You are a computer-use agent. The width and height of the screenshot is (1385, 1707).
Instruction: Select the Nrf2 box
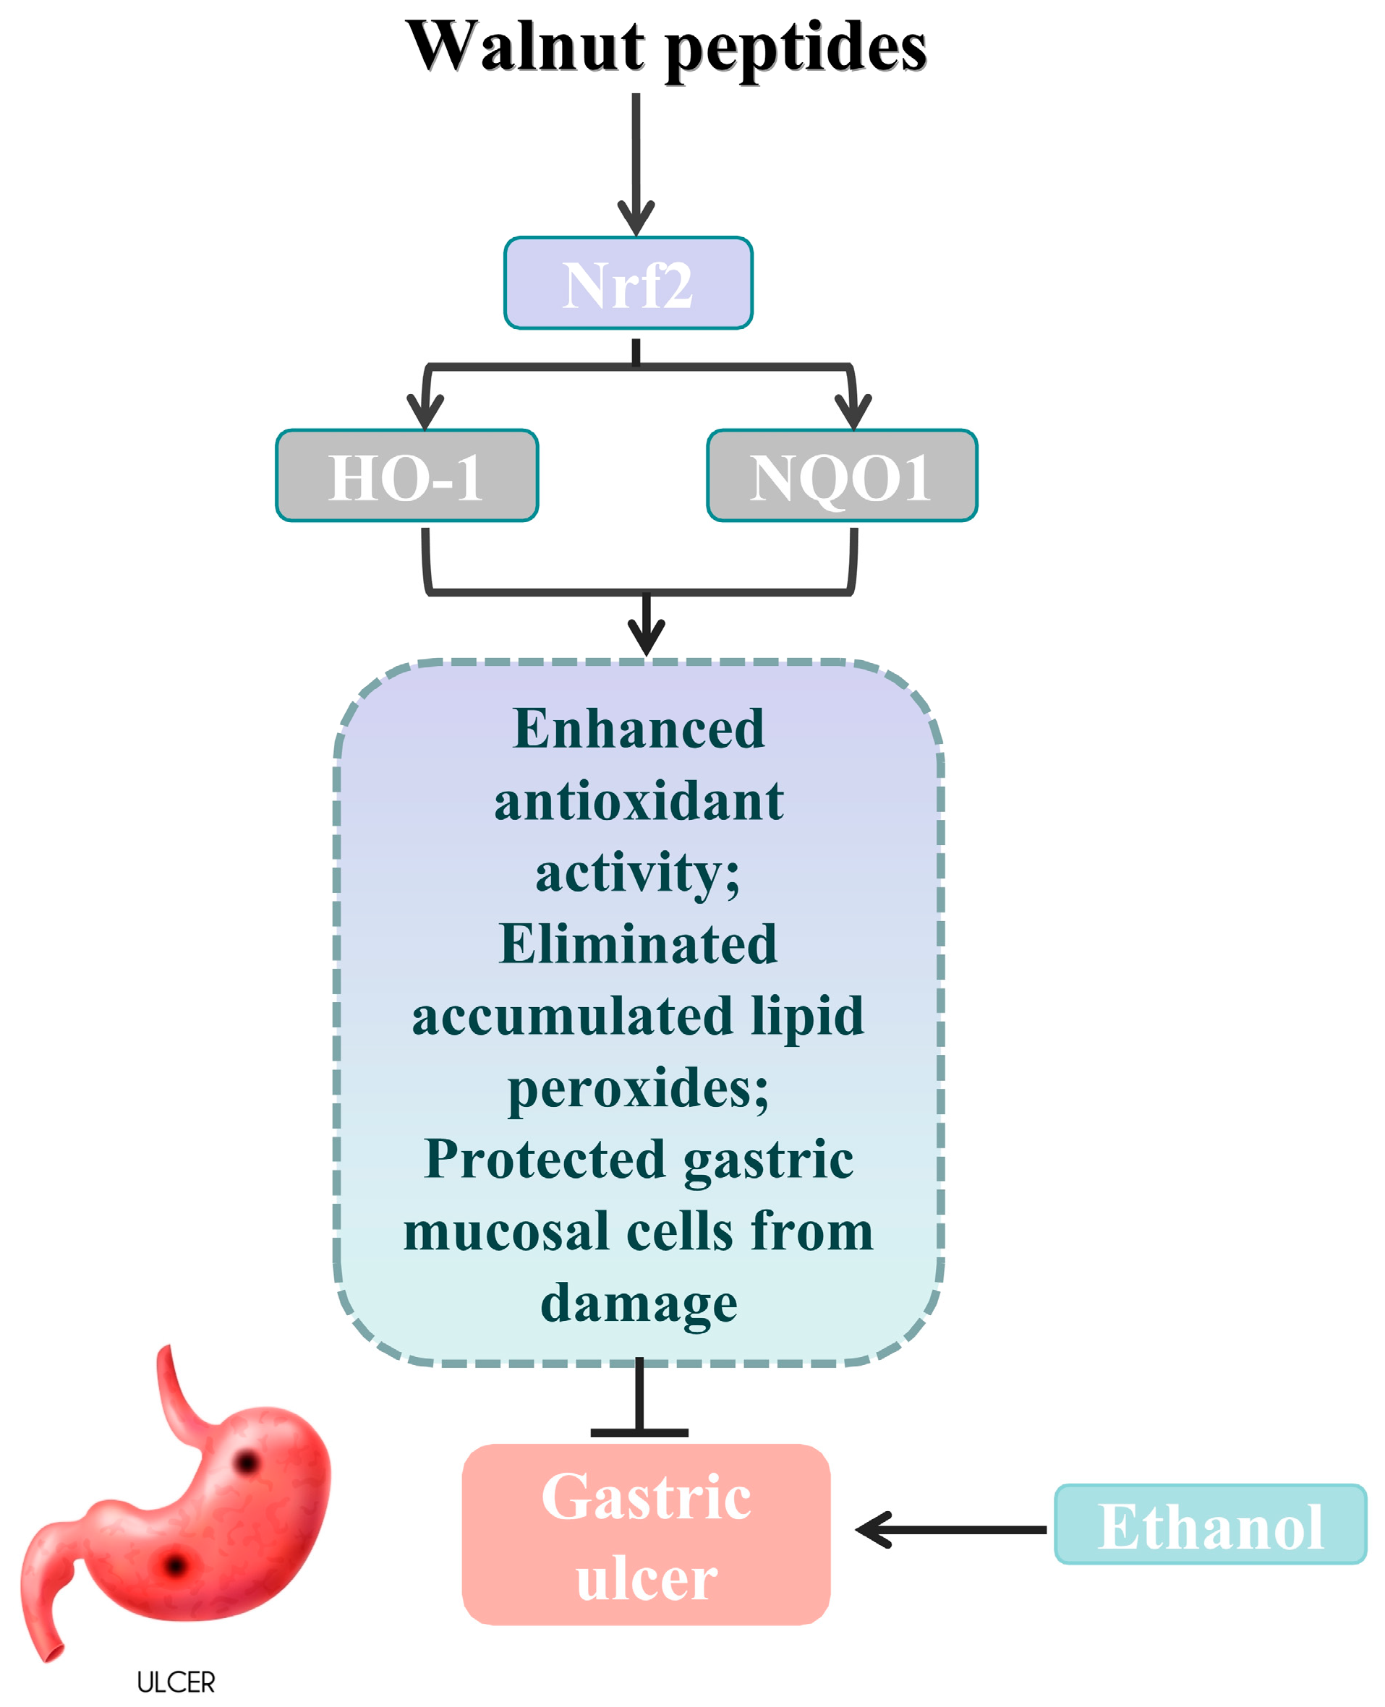tap(628, 283)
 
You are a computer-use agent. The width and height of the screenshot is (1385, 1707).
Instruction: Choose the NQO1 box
tap(841, 476)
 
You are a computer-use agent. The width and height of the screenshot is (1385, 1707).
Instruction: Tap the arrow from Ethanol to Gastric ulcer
tap(950, 1529)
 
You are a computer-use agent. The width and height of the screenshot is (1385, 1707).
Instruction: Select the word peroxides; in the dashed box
tap(638, 1089)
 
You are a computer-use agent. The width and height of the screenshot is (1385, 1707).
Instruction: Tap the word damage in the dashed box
tap(638, 1304)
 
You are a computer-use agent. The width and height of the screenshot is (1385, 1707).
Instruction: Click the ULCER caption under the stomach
tap(176, 1682)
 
